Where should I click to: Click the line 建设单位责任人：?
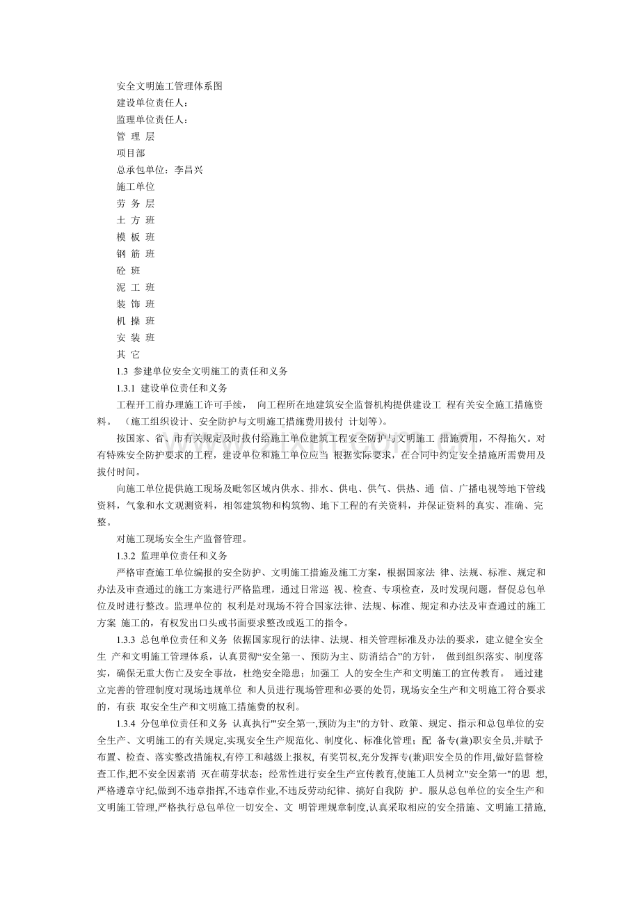152,103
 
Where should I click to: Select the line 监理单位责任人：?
152,120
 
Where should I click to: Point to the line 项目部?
131,153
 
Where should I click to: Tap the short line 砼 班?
128,271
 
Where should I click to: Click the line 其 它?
128,354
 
